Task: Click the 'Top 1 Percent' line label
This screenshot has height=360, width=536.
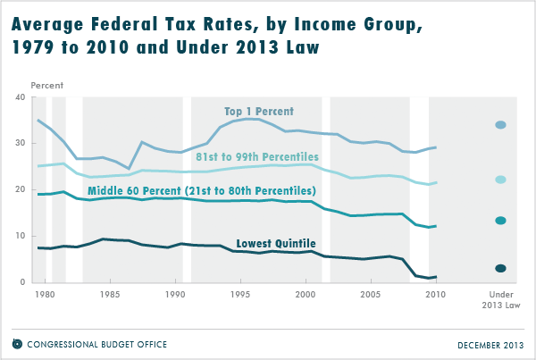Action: click(x=258, y=111)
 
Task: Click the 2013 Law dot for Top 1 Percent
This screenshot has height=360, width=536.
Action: click(x=500, y=125)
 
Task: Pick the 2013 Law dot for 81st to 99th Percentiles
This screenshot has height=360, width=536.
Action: click(x=500, y=180)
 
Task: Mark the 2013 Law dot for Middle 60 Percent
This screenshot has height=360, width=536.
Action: click(x=500, y=221)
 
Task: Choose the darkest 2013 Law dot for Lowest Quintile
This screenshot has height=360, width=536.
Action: click(x=500, y=269)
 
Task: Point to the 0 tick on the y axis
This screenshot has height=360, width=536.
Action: click(x=21, y=282)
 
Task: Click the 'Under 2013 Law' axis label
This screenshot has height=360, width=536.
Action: click(x=500, y=300)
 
